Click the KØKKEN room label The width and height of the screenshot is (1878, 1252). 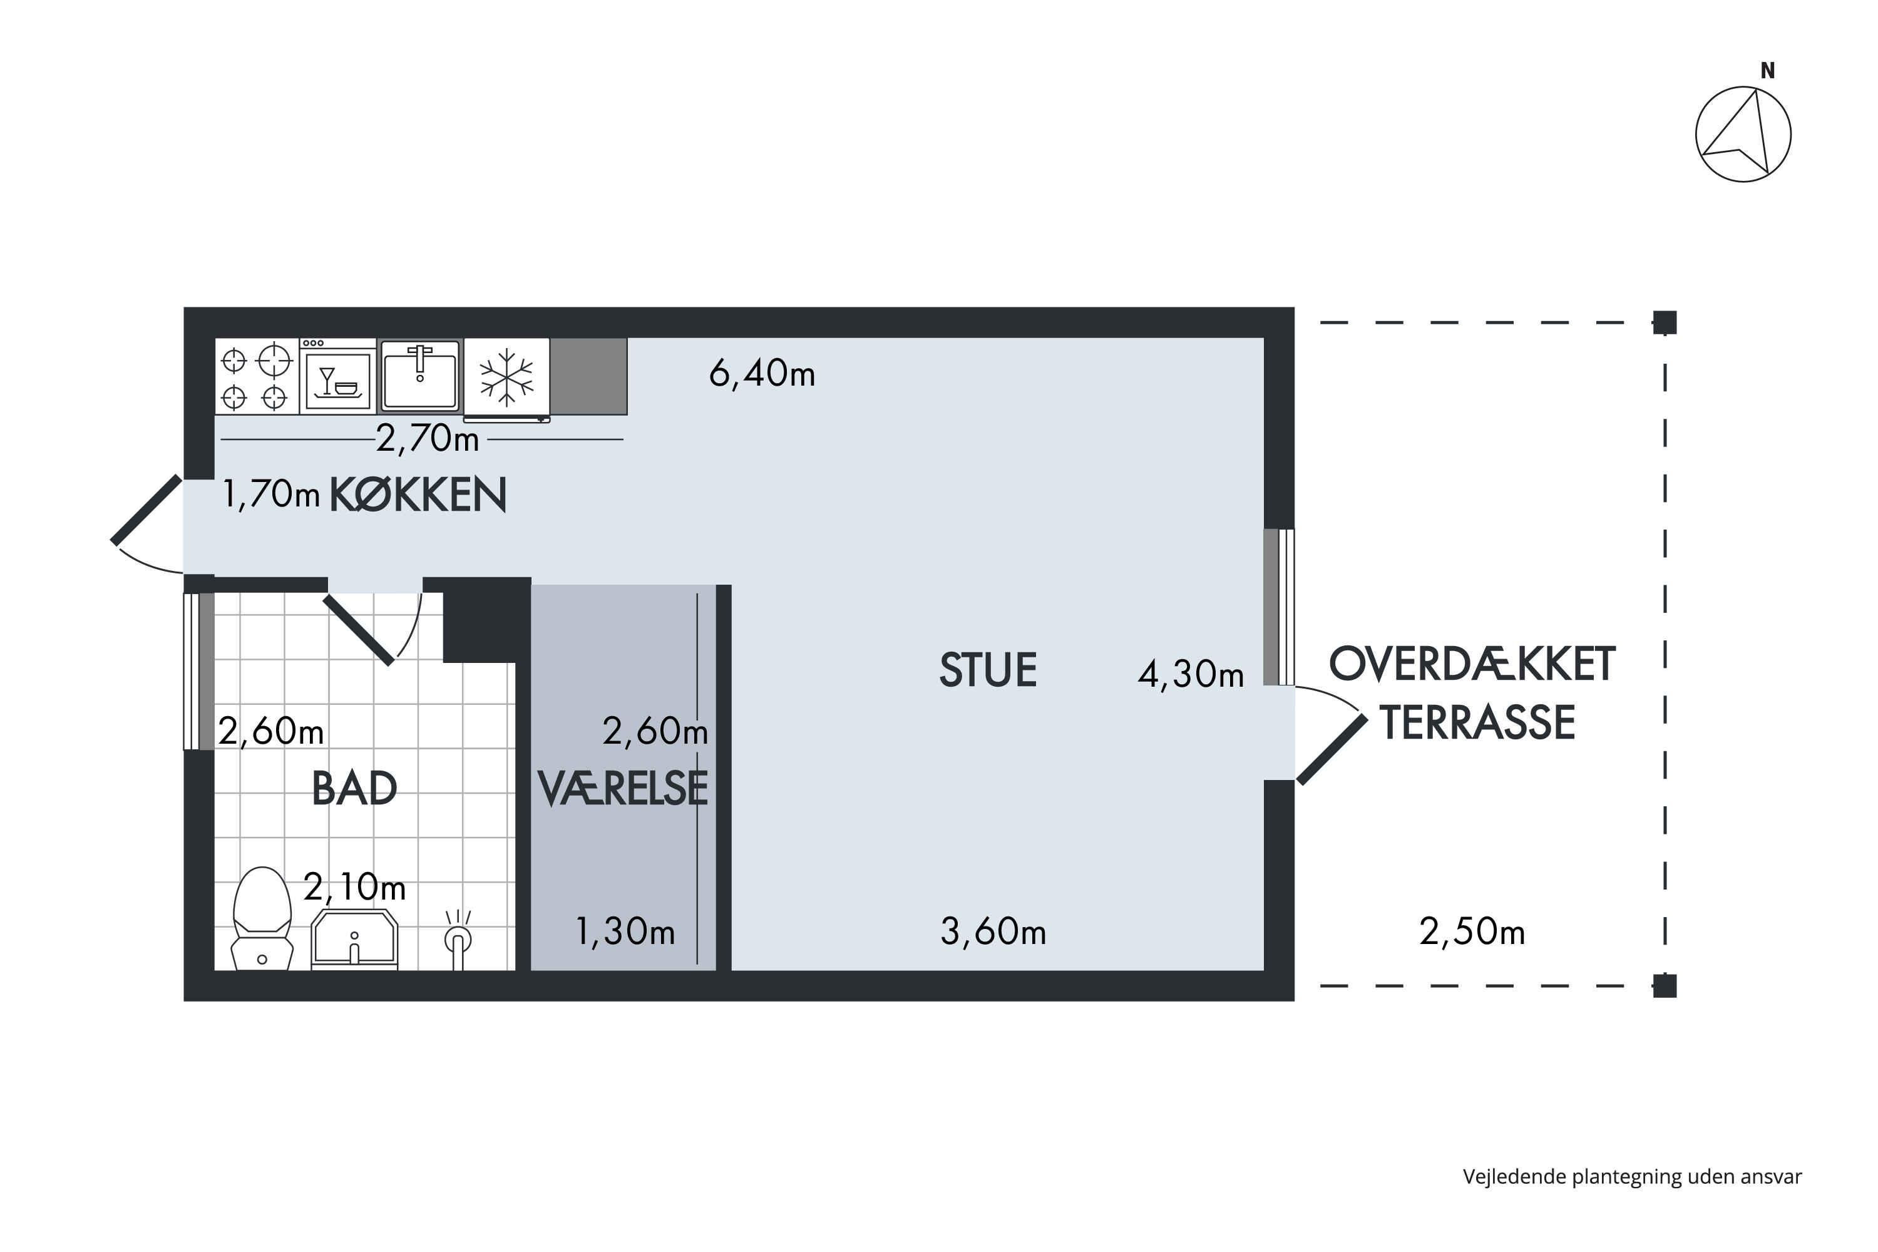click(x=418, y=495)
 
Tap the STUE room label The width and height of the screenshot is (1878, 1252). click(x=988, y=670)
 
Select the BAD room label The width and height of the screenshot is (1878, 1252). click(x=354, y=789)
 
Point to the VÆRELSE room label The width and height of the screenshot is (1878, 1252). click(x=623, y=789)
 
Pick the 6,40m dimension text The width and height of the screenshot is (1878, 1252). click(x=762, y=374)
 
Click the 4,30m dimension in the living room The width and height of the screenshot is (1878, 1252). click(x=1191, y=675)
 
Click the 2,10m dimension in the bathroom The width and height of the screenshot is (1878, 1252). click(x=354, y=887)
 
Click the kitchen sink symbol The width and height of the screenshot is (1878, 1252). click(x=420, y=375)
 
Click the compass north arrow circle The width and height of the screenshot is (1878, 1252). click(x=1743, y=134)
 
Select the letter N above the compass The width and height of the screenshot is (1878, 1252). click(x=1768, y=71)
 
